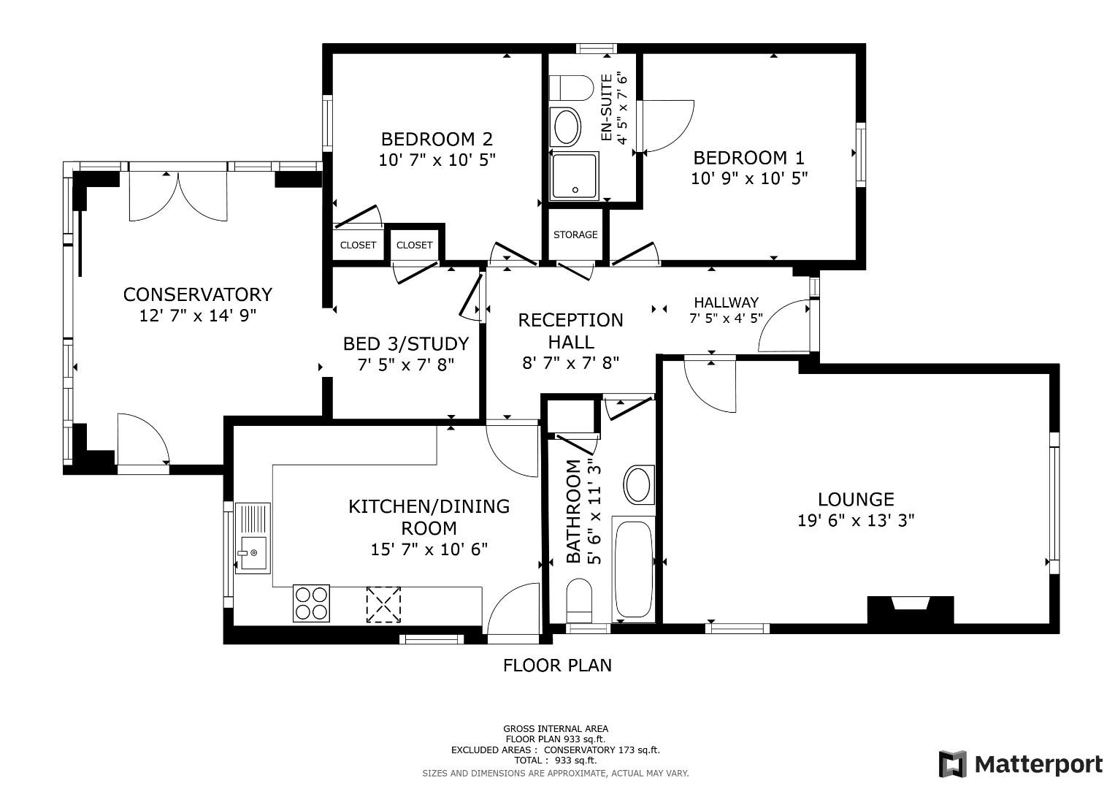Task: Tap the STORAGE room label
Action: point(575,235)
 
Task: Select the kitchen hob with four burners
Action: point(311,603)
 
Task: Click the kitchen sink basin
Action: point(253,552)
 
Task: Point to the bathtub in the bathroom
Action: point(633,569)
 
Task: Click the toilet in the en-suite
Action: point(572,88)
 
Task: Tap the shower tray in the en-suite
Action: point(574,176)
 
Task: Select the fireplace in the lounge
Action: point(911,609)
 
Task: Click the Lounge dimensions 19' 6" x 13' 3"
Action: point(857,520)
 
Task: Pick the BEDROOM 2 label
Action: point(437,139)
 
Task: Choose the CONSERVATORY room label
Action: point(198,294)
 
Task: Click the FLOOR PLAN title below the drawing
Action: point(557,666)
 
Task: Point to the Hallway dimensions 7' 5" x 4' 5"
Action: point(726,318)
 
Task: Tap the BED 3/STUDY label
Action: point(406,343)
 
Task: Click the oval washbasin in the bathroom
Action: point(639,485)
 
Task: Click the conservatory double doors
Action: point(178,195)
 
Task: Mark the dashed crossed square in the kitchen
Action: point(383,605)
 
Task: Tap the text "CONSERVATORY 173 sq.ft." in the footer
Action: point(602,750)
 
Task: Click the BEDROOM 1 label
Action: point(748,158)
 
